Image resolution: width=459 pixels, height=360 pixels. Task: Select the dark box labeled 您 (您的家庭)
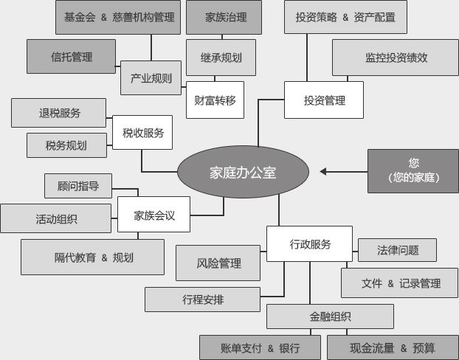413,170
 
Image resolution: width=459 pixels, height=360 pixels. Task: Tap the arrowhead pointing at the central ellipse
325,171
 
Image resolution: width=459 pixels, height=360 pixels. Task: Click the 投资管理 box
324,100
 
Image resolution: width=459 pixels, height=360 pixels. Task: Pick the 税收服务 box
142,134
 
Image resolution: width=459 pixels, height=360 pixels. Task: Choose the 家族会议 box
153,215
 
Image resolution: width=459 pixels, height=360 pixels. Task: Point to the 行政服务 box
309,244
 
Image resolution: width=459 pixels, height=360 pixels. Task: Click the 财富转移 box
215,100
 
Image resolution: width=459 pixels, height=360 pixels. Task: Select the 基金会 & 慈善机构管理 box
119,17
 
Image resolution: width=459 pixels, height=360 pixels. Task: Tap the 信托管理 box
72,56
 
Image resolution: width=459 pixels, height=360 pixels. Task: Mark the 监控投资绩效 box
396,57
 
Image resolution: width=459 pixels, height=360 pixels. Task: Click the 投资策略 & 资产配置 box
345,17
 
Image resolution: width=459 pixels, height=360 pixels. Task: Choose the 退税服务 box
60,113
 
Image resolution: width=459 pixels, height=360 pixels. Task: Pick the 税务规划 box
66,145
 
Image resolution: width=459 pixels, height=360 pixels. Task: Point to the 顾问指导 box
78,186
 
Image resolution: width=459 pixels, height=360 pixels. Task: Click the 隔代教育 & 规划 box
92,257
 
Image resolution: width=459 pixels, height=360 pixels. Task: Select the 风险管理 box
218,263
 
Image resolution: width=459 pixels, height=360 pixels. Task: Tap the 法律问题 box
397,250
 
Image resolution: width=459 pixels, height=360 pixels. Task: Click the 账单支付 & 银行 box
260,347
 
